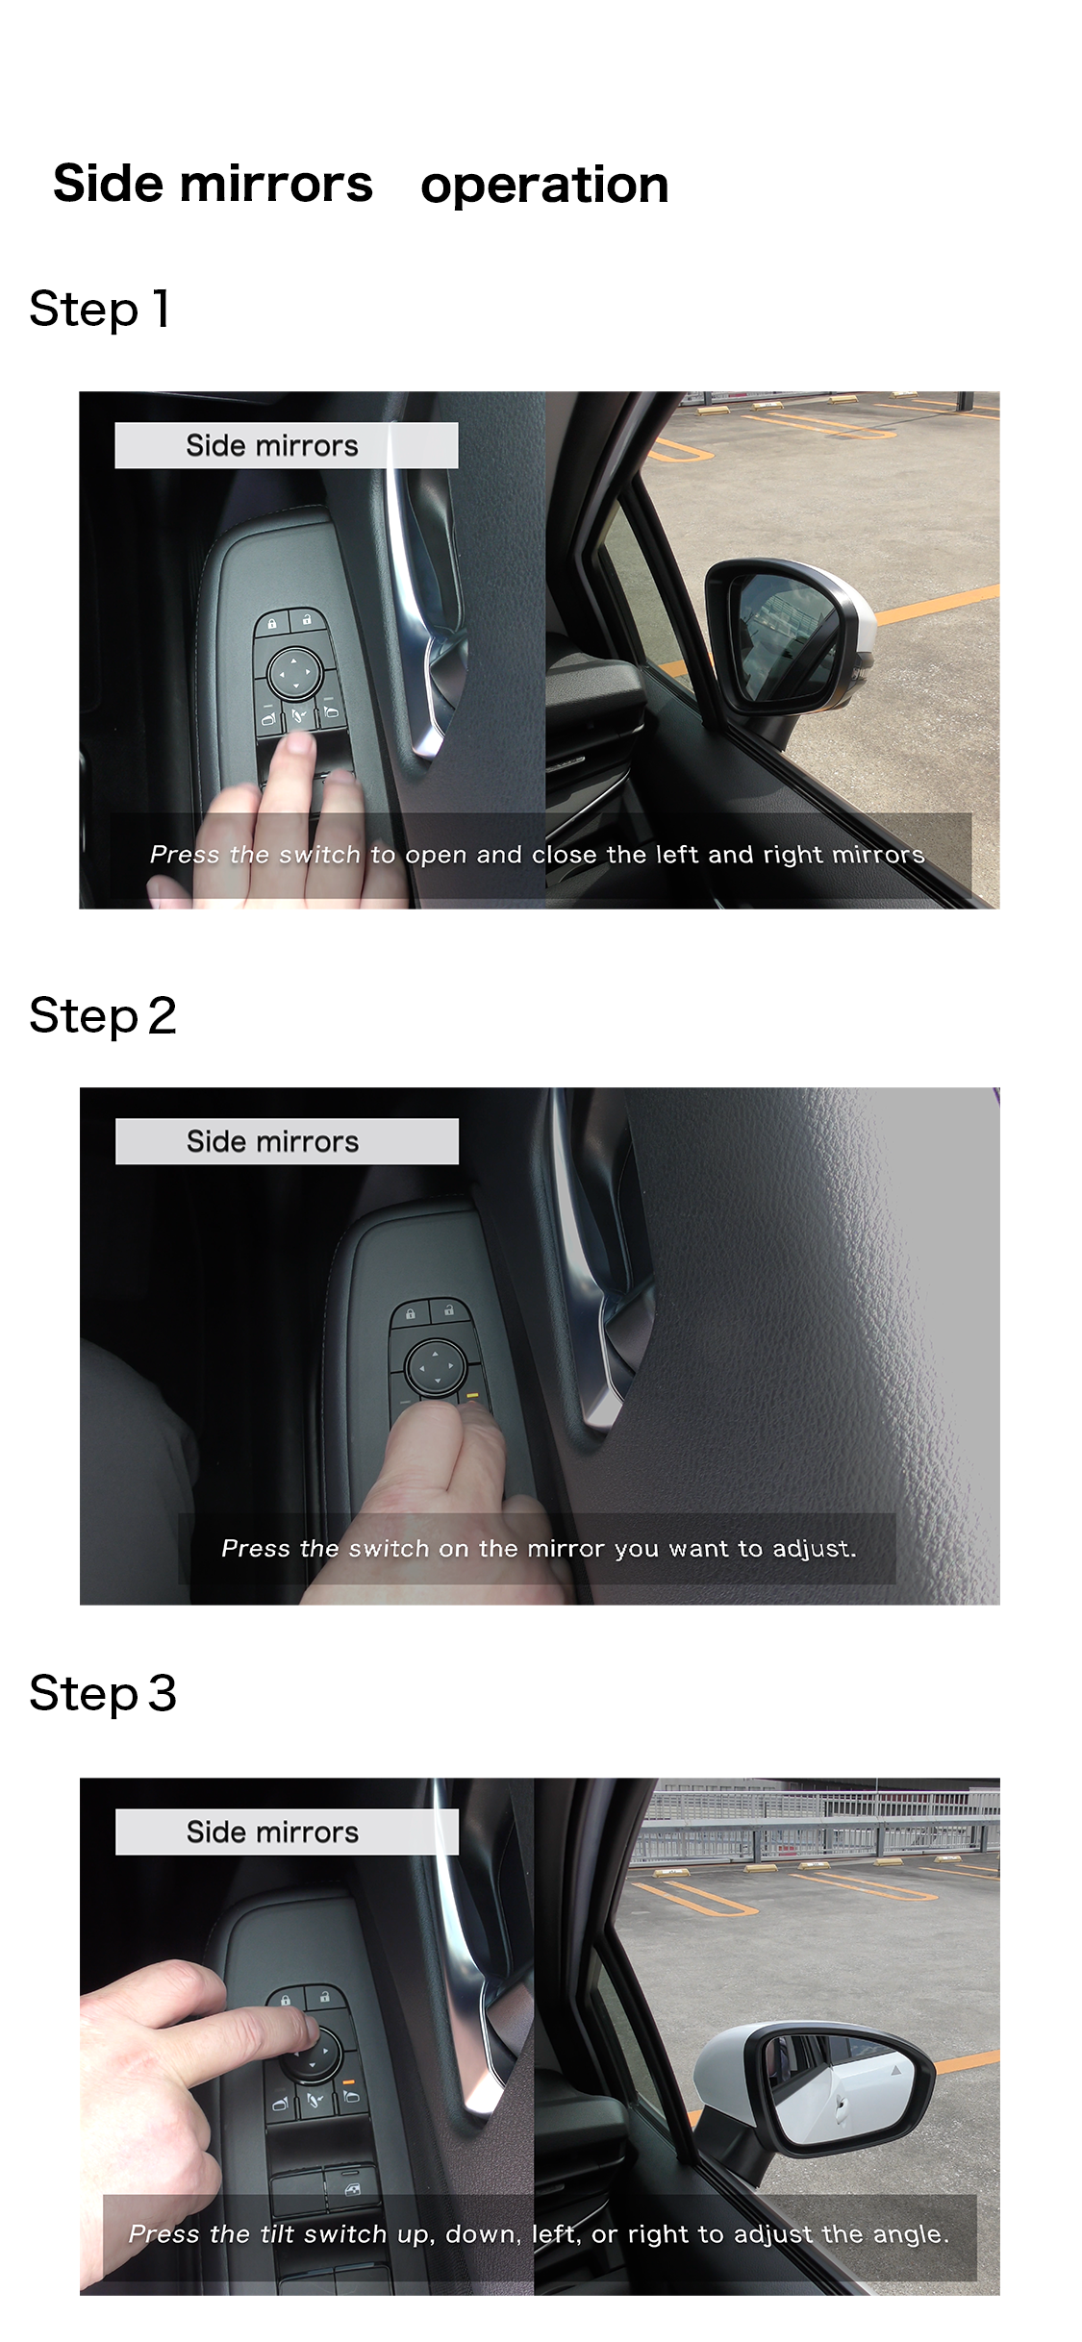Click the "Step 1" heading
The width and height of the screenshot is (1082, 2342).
pos(100,310)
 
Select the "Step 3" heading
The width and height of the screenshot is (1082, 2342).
pos(103,1694)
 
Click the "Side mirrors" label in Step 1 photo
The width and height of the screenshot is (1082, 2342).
pos(272,446)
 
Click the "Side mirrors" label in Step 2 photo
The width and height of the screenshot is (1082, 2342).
pos(273,1142)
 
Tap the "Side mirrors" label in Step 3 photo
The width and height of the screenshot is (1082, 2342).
pos(273,1832)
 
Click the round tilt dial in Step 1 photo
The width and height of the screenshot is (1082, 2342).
pos(295,673)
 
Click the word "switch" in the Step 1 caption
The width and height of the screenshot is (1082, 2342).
pos(319,855)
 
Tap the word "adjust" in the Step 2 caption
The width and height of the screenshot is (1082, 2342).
pos(815,1549)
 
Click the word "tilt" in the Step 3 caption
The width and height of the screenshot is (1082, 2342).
pos(277,2234)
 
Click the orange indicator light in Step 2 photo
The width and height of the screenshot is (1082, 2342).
pos(471,1394)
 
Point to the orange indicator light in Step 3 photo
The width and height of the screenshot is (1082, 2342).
pos(349,2081)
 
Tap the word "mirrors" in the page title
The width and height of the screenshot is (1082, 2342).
pos(274,184)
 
